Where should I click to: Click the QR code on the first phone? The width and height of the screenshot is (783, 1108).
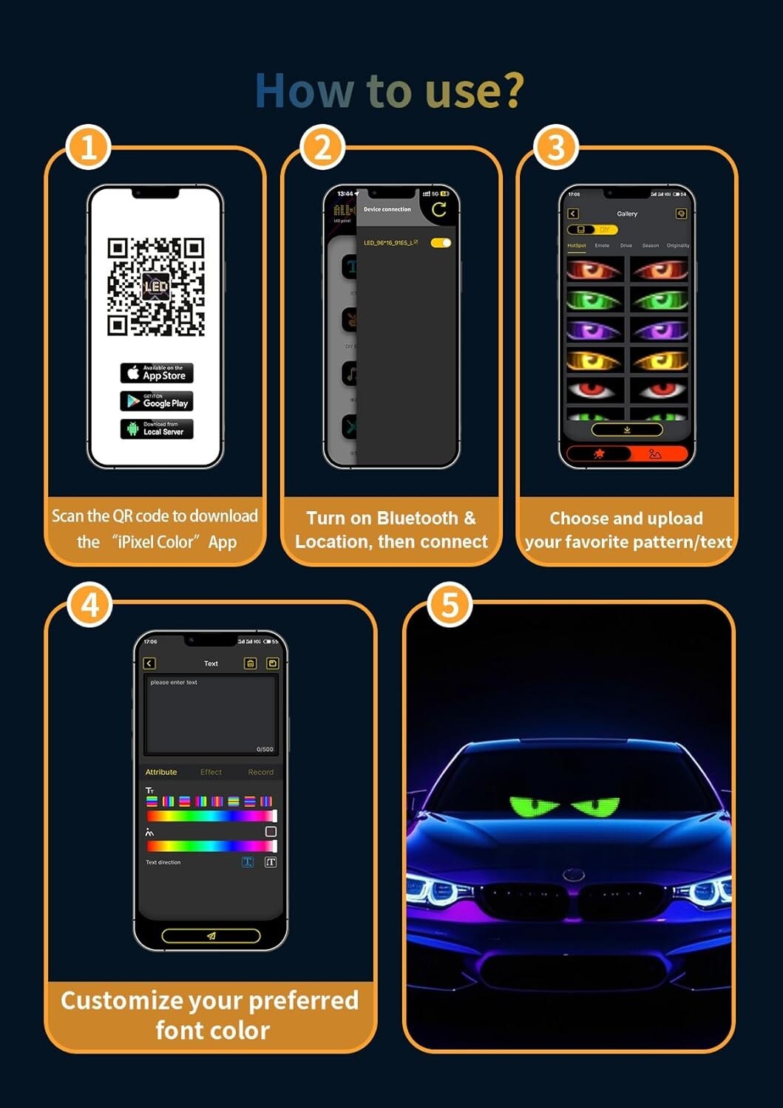[x=155, y=287]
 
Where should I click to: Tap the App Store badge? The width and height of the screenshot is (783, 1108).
[x=157, y=373]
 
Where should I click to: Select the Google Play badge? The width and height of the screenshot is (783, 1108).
[x=157, y=401]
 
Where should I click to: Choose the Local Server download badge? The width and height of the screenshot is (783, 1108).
[x=157, y=428]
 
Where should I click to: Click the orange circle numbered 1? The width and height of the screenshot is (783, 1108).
[x=89, y=147]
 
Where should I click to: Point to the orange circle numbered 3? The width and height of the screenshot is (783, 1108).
[x=556, y=147]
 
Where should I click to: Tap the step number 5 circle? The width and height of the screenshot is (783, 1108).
[x=450, y=606]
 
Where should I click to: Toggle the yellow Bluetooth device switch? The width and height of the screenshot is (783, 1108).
[x=441, y=243]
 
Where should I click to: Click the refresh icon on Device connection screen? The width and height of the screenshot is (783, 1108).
[x=439, y=210]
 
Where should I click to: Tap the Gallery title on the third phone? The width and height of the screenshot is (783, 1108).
[x=627, y=214]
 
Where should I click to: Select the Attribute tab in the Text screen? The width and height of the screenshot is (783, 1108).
[x=161, y=773]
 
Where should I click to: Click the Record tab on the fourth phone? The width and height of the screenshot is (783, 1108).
[x=260, y=773]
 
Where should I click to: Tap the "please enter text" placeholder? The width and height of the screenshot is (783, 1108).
[x=174, y=683]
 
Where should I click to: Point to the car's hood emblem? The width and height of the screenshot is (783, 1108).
[x=574, y=875]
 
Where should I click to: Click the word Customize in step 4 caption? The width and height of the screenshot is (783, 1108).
[x=121, y=1000]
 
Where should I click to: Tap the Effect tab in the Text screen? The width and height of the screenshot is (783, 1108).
[x=211, y=773]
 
